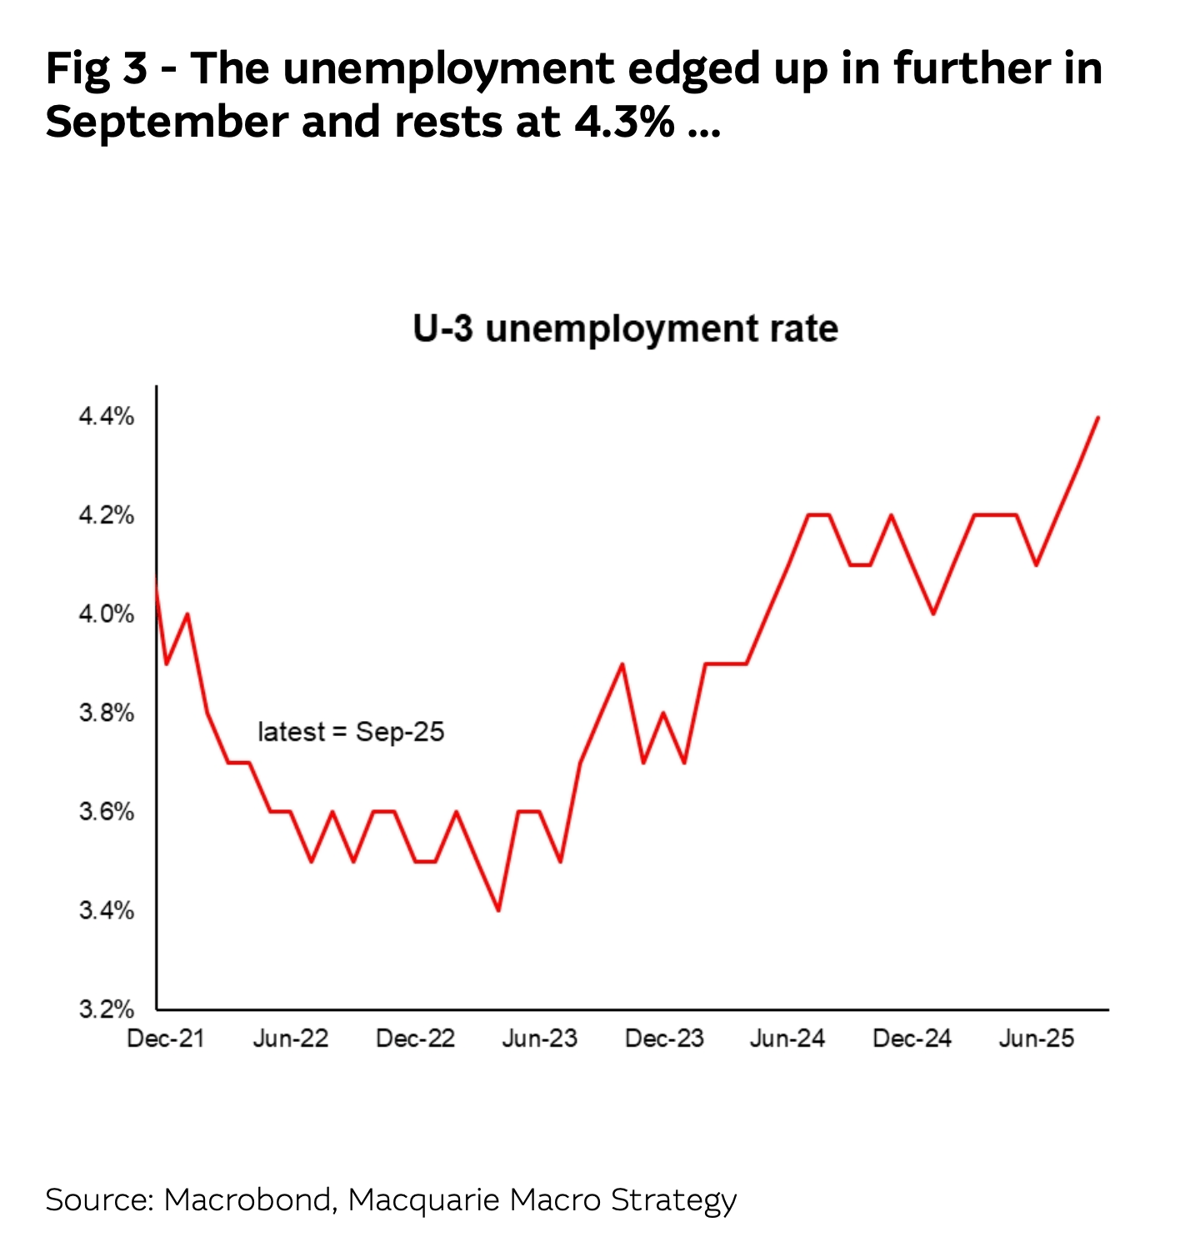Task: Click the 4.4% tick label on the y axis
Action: coord(106,416)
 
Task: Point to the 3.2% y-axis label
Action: coord(106,1009)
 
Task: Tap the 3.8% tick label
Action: coord(106,713)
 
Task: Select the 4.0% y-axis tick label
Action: coord(106,614)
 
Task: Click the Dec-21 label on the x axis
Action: coord(165,1039)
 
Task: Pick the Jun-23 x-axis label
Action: coord(539,1039)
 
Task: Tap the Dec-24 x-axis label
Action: coord(912,1039)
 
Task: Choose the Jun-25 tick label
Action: coord(1037,1039)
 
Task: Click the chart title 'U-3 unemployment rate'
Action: coord(625,328)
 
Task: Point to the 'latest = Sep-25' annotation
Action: coord(351,732)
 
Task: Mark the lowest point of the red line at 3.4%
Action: coord(498,910)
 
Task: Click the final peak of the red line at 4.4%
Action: coord(1098,417)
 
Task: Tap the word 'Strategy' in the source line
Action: coord(673,1201)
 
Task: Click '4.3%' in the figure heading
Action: coord(624,122)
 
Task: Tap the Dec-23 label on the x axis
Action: coord(664,1039)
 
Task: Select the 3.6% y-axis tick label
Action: coord(106,812)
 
